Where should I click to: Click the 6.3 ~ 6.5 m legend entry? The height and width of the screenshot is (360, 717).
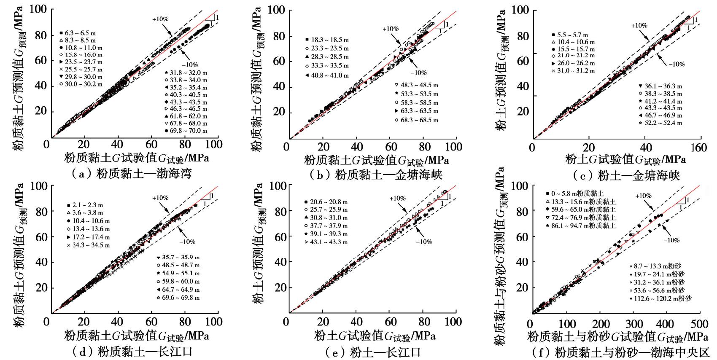point(80,33)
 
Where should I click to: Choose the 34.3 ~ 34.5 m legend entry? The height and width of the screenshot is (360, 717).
point(89,245)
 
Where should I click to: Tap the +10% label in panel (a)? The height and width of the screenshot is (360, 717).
point(160,19)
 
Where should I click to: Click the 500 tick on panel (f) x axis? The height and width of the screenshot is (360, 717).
point(700,324)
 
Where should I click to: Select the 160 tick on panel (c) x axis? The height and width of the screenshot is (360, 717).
point(699,147)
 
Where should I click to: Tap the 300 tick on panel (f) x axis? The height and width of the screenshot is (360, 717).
point(634,324)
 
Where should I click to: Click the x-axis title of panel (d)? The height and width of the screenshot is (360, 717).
point(137,336)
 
